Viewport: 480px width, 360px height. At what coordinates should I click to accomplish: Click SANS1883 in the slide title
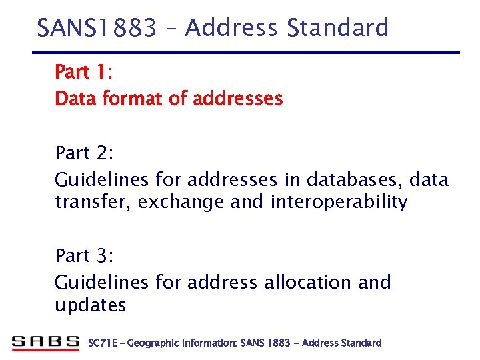[96, 29]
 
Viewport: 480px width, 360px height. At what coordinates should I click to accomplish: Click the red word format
[127, 99]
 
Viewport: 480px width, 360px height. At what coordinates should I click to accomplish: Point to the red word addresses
[237, 99]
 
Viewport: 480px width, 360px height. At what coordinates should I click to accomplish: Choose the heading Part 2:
[85, 153]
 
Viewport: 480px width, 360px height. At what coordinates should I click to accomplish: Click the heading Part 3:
[85, 255]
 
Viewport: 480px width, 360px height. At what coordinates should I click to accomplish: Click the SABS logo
[46, 343]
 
